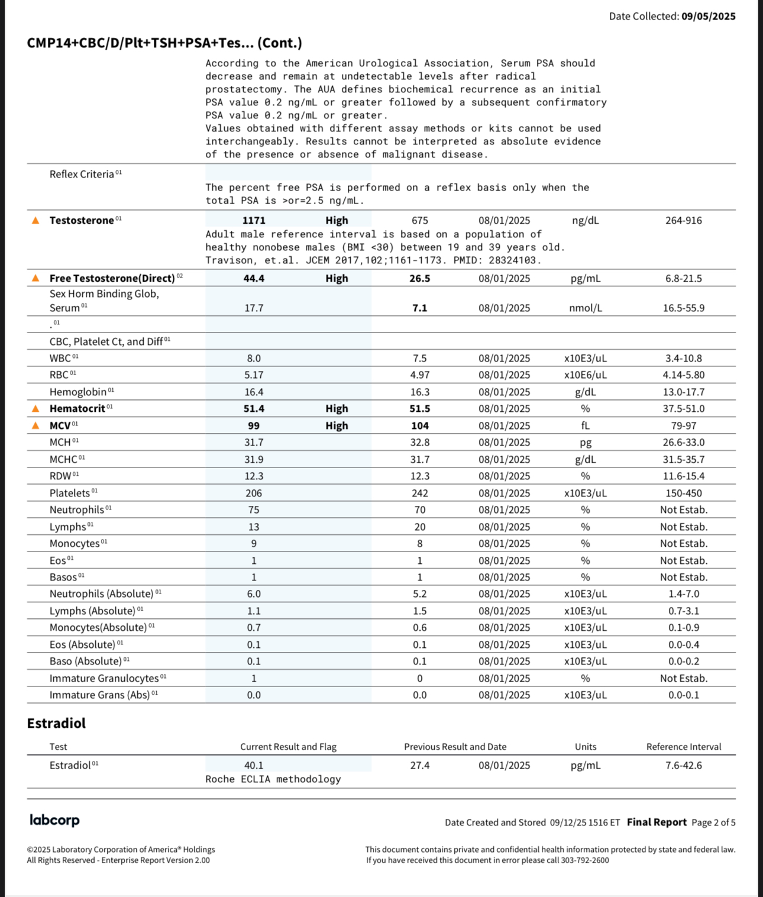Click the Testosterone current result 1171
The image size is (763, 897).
tap(254, 221)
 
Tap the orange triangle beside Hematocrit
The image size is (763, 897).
tap(35, 409)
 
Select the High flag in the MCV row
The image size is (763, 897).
tap(337, 426)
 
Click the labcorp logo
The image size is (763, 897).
tap(54, 820)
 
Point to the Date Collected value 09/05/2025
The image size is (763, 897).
tap(708, 17)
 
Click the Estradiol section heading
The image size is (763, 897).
tap(56, 724)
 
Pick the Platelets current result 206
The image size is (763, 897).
tap(254, 493)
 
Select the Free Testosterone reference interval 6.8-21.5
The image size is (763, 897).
tap(683, 279)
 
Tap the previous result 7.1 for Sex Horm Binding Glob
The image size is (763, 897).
tap(419, 308)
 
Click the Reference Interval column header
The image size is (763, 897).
tap(683, 747)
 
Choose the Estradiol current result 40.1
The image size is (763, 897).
tap(254, 766)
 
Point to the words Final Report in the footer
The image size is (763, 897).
tap(657, 822)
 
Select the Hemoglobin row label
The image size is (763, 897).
tap(78, 392)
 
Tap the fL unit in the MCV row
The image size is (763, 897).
tap(585, 426)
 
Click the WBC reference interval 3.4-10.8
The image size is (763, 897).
tap(683, 359)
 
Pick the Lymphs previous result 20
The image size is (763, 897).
tap(419, 527)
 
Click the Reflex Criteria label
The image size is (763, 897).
tap(82, 175)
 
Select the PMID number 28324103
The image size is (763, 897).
tap(512, 260)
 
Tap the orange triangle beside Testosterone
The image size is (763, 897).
tap(35, 221)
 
